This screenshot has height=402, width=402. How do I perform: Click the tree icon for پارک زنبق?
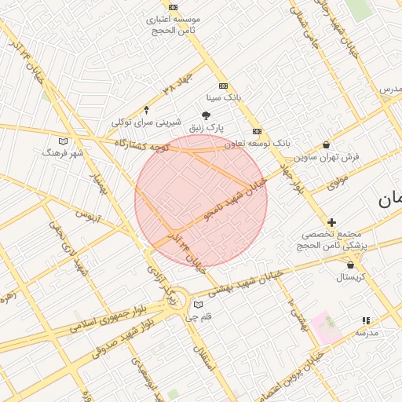(206, 115)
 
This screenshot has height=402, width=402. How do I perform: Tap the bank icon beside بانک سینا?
(224, 86)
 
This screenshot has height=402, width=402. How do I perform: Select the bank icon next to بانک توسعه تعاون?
(257, 132)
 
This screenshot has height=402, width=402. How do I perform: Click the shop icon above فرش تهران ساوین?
(327, 144)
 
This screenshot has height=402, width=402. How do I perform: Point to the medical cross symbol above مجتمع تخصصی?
(331, 223)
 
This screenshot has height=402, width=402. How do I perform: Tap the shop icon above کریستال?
(350, 265)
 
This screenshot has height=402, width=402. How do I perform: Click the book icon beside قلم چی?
(198, 305)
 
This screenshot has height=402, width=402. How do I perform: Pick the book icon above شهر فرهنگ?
(64, 141)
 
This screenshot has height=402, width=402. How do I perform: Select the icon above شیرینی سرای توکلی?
(146, 111)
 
